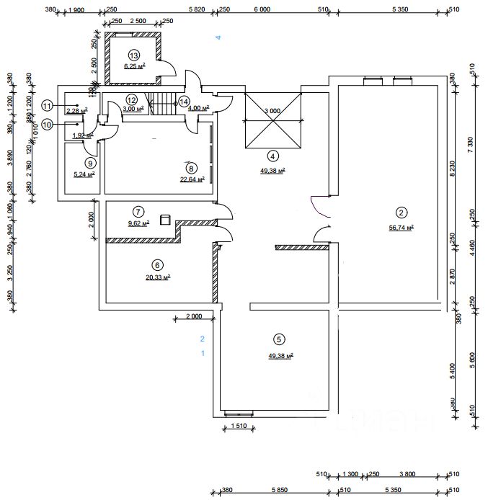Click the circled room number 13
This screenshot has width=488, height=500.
pos(133,55)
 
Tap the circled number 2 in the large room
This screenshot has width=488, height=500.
pos(401,213)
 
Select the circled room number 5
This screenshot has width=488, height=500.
pos(279,339)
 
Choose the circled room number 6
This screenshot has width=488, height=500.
pos(157,264)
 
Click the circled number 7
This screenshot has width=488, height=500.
pos(138,211)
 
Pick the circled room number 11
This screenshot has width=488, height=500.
pos(47,106)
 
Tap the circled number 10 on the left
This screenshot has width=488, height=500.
pos(47,124)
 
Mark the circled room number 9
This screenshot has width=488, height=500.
pos(90,162)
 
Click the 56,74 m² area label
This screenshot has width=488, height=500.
pos(400,228)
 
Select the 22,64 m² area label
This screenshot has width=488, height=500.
pos(192,180)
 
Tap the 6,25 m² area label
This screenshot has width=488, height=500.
pos(134,66)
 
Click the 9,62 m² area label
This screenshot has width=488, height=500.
pos(138,223)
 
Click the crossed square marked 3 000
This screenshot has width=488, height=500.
pos(272,120)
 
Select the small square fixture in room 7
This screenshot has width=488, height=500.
pos(165,219)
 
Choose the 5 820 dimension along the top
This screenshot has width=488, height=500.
pos(197,9)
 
